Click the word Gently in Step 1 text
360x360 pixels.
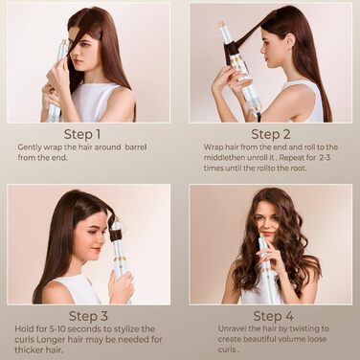click(x=30, y=147)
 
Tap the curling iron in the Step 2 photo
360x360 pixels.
click(x=237, y=62)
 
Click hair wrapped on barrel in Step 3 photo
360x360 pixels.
click(x=115, y=233)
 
